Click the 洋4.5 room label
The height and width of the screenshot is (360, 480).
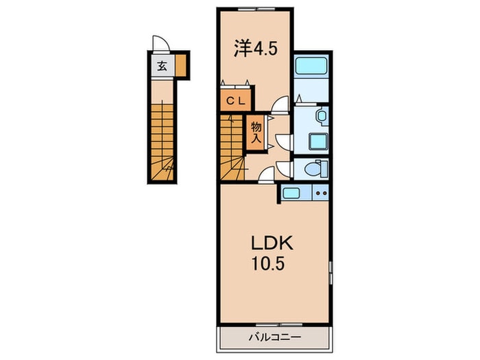[x=256, y=49]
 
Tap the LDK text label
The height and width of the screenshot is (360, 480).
[x=272, y=243]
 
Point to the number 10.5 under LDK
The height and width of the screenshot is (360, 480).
[x=268, y=263]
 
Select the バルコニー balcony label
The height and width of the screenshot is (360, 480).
[x=274, y=337]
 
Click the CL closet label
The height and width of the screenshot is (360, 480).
[x=236, y=101]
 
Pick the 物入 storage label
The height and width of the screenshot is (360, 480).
[x=256, y=132]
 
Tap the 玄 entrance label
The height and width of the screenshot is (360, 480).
[x=163, y=66]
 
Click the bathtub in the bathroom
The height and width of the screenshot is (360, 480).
[x=311, y=66]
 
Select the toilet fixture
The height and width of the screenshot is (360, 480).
[x=316, y=169]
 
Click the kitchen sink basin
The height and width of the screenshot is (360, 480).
[x=291, y=193]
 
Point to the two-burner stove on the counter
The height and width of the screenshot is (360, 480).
[x=320, y=193]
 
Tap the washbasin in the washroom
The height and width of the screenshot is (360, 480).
[x=322, y=117]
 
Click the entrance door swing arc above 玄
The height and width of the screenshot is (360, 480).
[x=161, y=43]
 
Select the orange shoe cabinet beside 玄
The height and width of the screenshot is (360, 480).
[x=181, y=66]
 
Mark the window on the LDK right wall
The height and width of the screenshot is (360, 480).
[x=331, y=272]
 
